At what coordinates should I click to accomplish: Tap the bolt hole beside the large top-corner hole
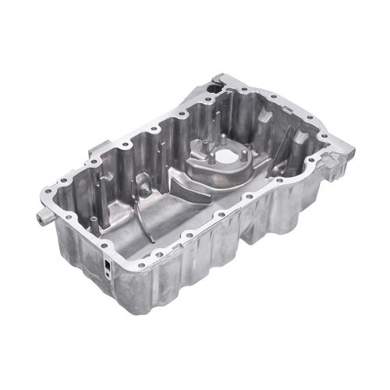click(x=229, y=83)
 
